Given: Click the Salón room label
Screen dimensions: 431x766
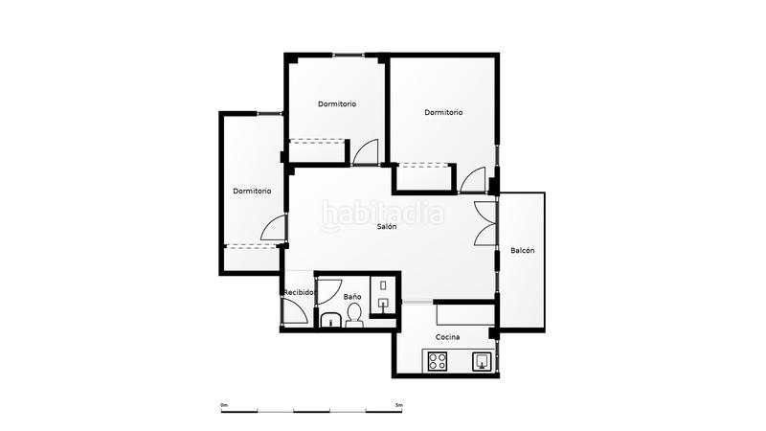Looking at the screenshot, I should point(386,227).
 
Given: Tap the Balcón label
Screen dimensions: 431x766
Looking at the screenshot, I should point(522,251).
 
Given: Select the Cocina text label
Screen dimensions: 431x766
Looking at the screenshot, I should point(447,338).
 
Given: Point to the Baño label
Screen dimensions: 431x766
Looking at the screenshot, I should point(352,297).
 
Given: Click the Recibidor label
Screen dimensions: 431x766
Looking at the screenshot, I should point(299,292).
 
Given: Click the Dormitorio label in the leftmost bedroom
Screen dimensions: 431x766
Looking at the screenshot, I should point(252,191).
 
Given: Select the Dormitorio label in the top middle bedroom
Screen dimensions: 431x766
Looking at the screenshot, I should point(337,103).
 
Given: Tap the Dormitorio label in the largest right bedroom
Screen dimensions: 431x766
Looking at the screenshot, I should point(443,112).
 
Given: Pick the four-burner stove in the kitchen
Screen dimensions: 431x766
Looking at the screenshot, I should point(438,361).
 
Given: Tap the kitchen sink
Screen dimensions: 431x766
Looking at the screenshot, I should point(483,361).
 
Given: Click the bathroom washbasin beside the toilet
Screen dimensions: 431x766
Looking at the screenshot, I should point(329,320).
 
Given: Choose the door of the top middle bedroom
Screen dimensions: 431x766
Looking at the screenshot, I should point(366,153).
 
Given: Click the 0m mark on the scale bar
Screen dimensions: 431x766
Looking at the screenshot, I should point(224,405).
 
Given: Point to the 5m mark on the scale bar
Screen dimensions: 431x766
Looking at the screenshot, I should point(399,405).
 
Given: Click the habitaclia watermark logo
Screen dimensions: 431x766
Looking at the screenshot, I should point(382,213).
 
